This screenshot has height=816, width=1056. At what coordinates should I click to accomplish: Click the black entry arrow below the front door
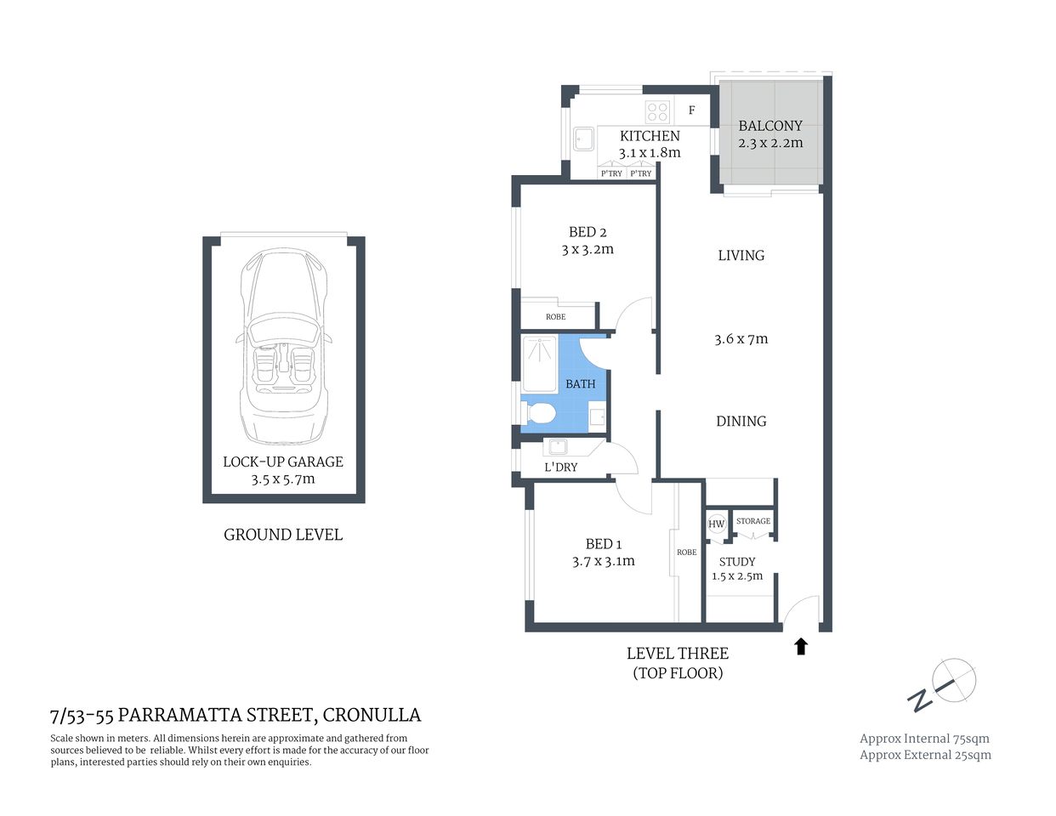[800, 647]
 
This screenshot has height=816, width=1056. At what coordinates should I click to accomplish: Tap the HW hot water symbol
[717, 524]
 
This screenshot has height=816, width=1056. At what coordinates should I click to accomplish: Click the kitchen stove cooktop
[657, 111]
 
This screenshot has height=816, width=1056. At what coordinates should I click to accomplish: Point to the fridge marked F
[692, 110]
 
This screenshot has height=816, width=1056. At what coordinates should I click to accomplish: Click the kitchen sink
[584, 139]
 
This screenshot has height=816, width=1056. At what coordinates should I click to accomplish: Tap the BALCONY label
[770, 125]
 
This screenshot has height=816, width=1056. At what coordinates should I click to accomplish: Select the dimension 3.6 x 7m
[741, 339]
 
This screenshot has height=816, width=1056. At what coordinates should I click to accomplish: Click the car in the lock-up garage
[283, 347]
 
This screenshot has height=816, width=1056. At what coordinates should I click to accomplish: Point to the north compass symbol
[945, 686]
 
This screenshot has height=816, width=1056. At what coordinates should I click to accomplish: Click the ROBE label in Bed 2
[555, 317]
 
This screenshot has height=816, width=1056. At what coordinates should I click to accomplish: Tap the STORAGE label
[753, 521]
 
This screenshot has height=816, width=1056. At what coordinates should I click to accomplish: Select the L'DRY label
[561, 467]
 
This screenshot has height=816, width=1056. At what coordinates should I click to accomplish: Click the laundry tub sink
[558, 447]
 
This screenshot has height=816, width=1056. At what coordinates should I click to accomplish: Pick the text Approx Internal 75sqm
[924, 739]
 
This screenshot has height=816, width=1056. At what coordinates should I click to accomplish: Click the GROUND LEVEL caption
[283, 535]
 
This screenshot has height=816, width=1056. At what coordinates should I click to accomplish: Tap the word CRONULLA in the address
[372, 716]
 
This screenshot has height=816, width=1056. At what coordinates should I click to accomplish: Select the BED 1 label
[604, 544]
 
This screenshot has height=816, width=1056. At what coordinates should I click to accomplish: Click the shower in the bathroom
[538, 356]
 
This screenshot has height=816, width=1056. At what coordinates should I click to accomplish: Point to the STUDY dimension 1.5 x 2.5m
[737, 576]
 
